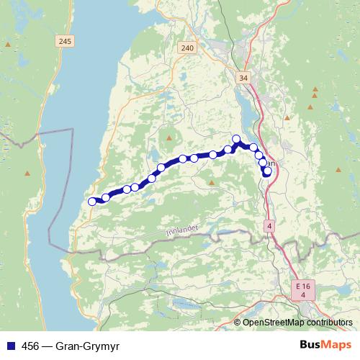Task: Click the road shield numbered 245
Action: click(66, 42)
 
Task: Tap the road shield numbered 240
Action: click(187, 48)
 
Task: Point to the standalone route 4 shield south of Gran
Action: click(269, 225)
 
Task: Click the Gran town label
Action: click(273, 163)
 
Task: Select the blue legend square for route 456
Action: click(10, 345)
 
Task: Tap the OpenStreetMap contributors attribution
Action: click(298, 323)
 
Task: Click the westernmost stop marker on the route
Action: click(92, 202)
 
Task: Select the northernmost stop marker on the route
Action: click(236, 139)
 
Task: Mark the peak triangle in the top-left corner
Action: click(8, 45)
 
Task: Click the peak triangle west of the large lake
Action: click(27, 173)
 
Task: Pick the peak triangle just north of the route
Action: click(169, 138)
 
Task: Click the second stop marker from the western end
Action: click(106, 197)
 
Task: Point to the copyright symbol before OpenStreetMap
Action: click(238, 323)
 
